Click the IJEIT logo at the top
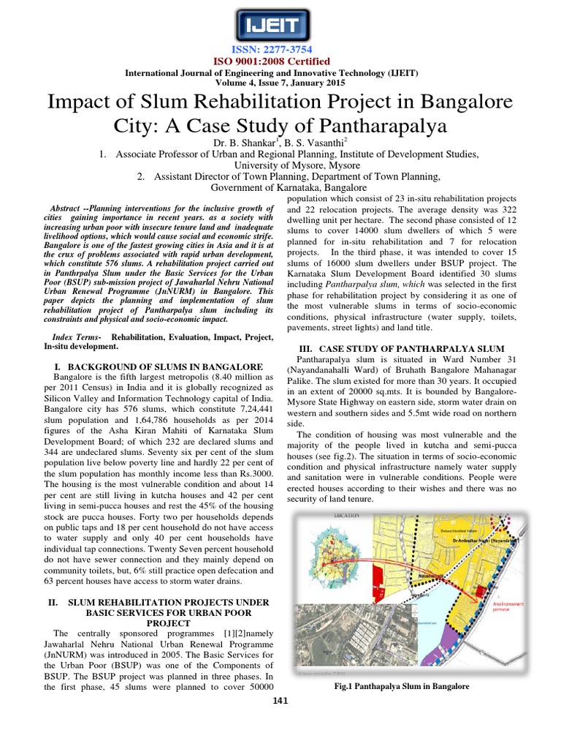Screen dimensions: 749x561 (280, 28)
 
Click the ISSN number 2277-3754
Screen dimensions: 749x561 (280, 49)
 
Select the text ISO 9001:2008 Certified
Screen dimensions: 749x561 (280, 61)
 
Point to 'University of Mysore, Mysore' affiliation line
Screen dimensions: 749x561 (280, 165)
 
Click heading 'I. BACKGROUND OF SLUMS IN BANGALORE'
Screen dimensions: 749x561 (159, 365)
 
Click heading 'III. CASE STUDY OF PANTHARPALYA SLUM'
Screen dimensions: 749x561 (402, 349)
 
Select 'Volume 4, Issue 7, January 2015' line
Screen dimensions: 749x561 (280, 83)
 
